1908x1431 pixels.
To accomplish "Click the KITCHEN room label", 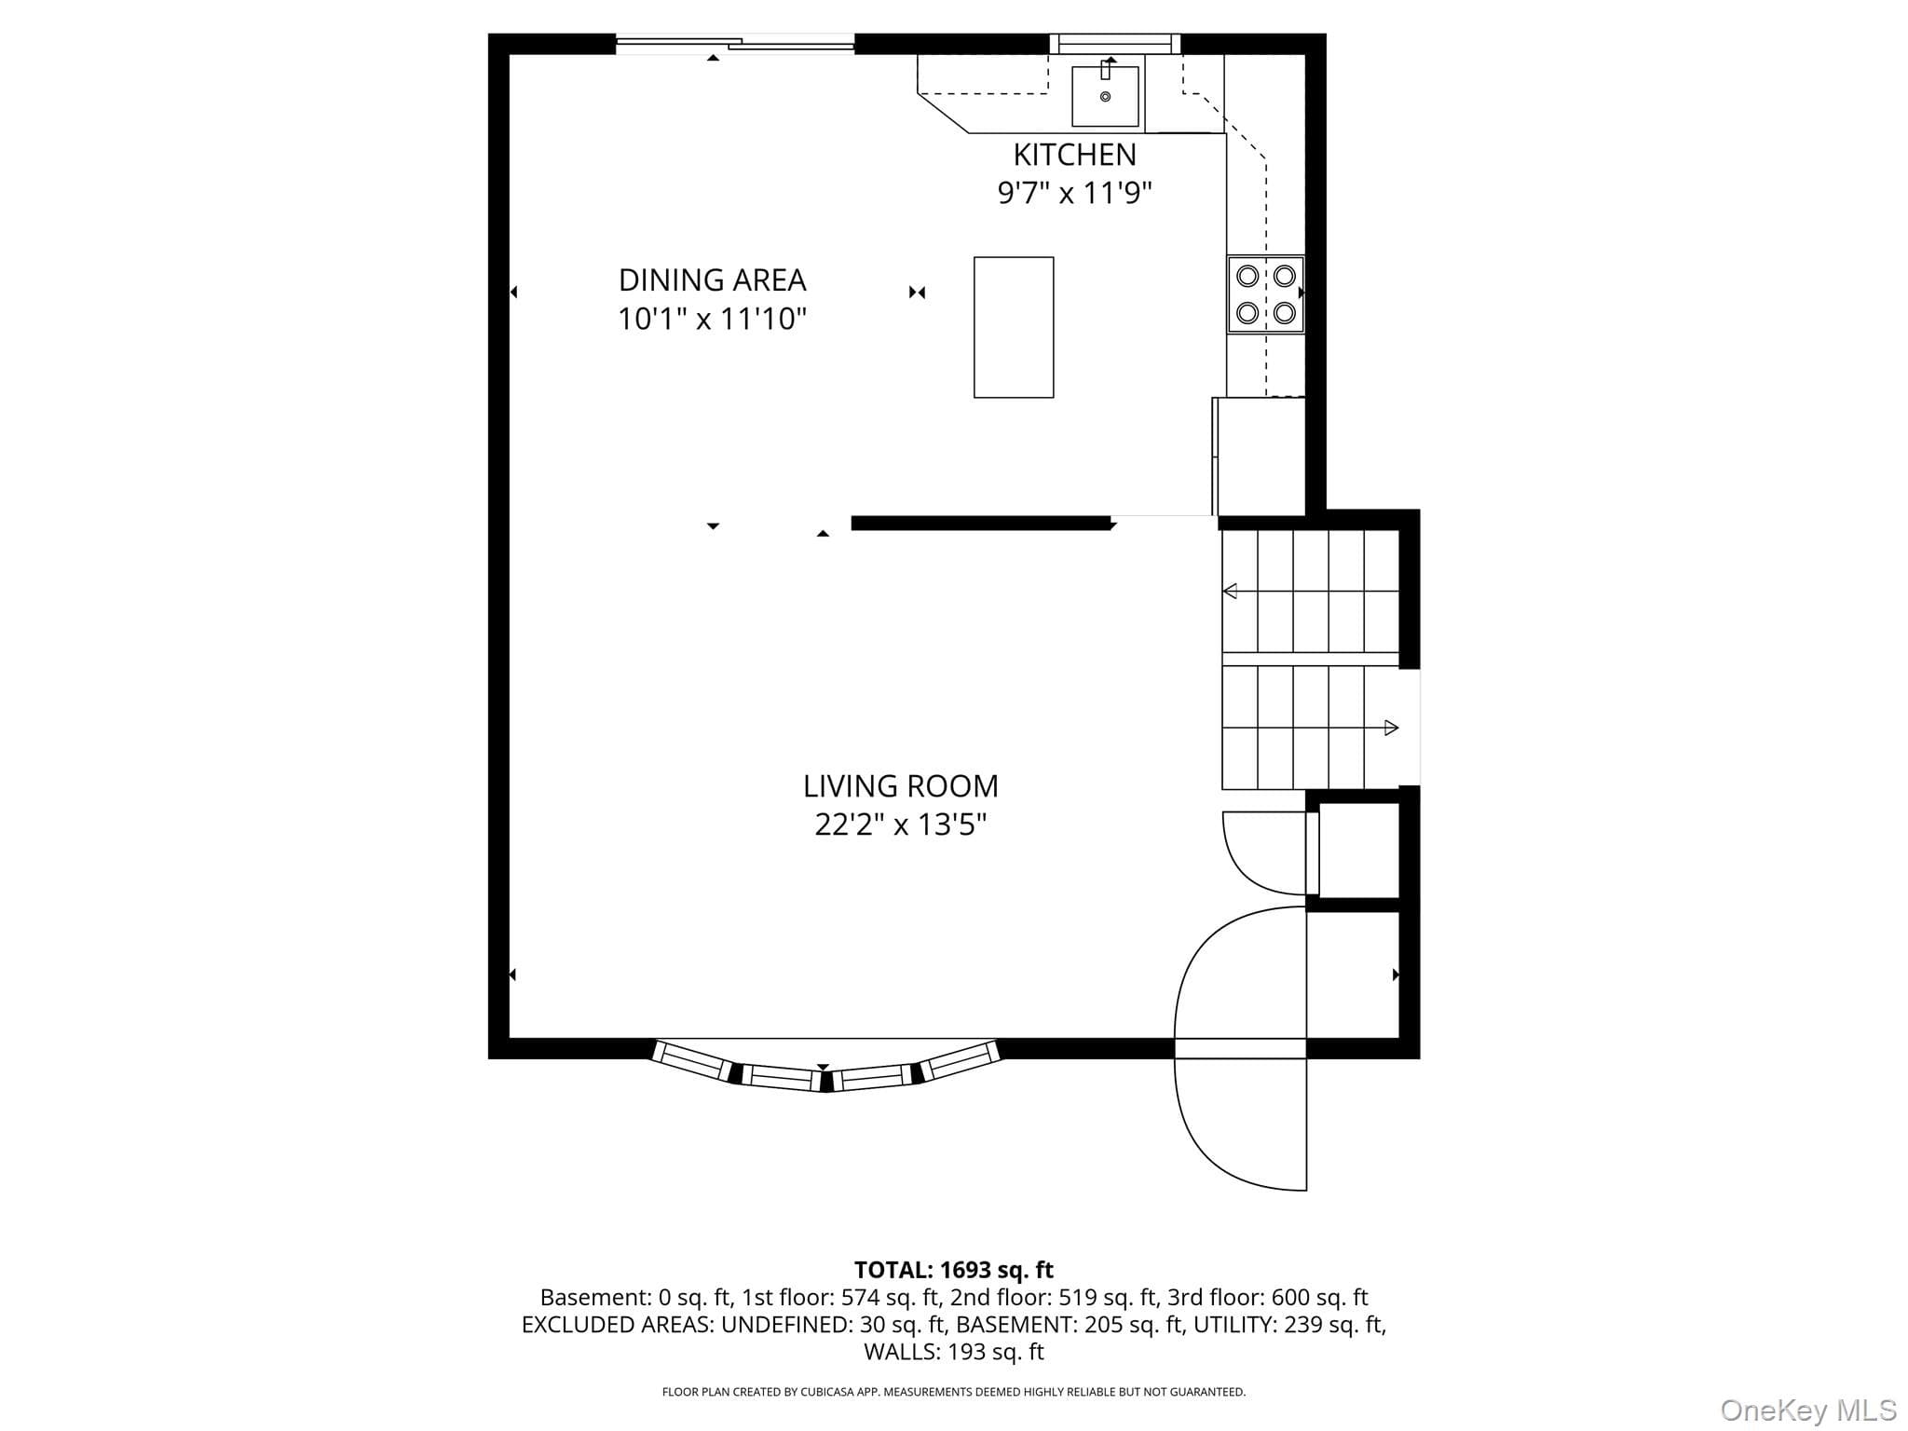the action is (1074, 154).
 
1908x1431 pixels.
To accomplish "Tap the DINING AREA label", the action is (712, 279).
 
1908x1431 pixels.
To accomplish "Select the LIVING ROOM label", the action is (900, 786).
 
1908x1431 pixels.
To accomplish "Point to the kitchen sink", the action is (1105, 95).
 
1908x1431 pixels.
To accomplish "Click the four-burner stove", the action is (1265, 294).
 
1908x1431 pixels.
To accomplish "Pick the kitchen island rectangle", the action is (1014, 327).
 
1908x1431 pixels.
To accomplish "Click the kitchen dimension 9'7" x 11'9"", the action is (1074, 193).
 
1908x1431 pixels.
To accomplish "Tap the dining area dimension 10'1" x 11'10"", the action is (712, 319).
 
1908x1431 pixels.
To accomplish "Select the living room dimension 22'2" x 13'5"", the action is (900, 825).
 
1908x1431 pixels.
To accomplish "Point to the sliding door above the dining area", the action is (735, 44).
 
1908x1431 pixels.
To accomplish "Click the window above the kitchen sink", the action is (1115, 44).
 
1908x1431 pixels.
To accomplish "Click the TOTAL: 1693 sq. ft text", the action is (953, 1270).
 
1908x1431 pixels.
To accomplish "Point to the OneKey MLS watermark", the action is (1808, 1410).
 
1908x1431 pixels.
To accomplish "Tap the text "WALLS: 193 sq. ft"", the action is (953, 1352).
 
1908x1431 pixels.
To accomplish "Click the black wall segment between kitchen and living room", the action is (982, 524).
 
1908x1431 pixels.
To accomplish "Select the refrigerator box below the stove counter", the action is (1260, 457).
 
